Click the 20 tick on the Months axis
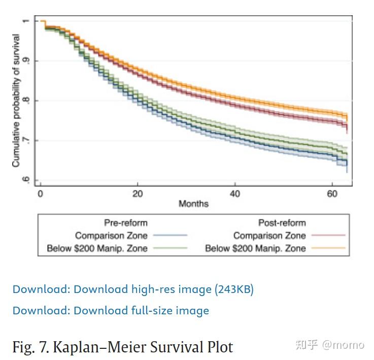coord(137,193)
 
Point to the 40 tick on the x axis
coord(234,193)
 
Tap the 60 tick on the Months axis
coord(332,193)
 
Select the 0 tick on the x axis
coord(40,193)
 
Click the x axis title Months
coord(193,204)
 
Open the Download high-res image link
coord(133,289)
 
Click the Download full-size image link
coord(111,310)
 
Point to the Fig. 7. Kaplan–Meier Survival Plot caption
coord(122,347)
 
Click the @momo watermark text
coord(343,345)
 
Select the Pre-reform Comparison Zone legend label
coord(111,236)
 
